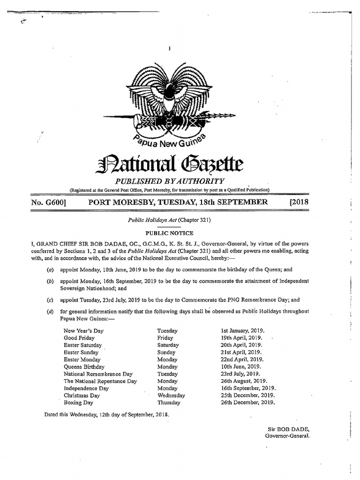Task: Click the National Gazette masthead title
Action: [170, 165]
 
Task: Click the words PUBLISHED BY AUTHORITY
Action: [170, 181]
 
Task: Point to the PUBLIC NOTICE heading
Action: [169, 233]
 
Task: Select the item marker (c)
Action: [50, 300]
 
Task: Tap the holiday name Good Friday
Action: [79, 337]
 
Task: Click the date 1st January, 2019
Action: [241, 330]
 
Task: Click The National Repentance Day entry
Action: [100, 381]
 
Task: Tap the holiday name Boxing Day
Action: [78, 402]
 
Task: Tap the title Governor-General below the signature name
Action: [287, 436]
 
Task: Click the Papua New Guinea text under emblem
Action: [170, 139]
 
